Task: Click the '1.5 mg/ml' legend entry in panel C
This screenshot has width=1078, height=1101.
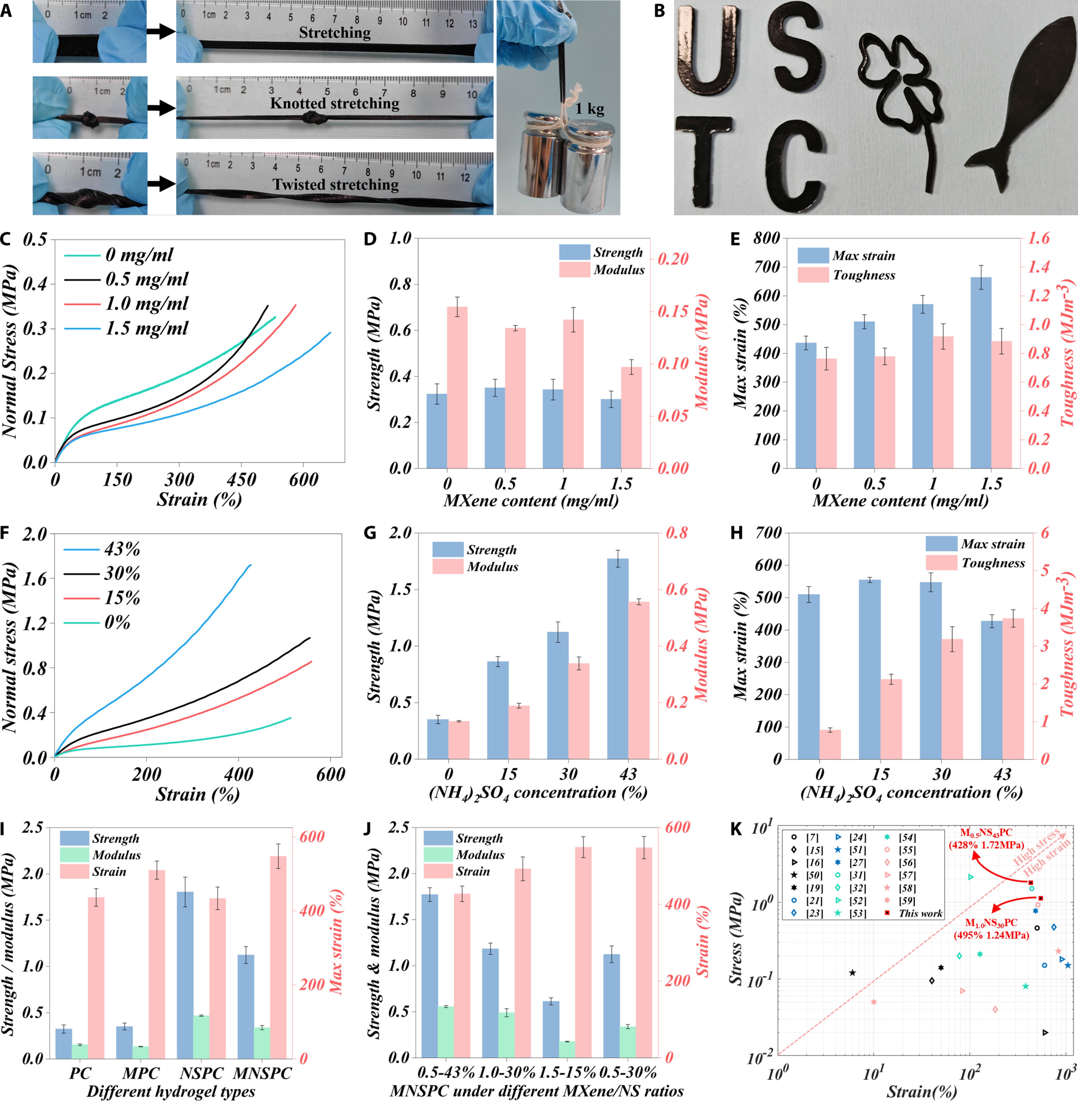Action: tap(146, 328)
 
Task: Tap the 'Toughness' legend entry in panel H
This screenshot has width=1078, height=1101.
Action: tap(993, 562)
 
